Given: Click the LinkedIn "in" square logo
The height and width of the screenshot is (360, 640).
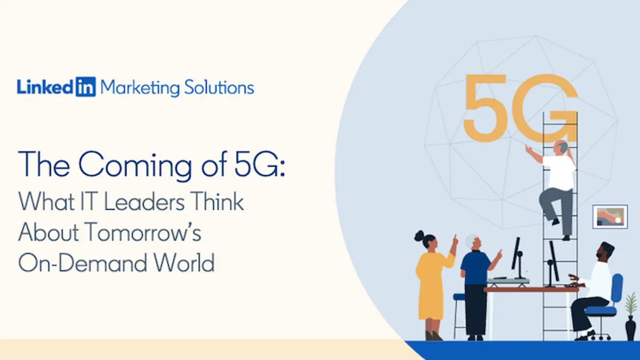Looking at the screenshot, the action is pyautogui.click(x=86, y=86).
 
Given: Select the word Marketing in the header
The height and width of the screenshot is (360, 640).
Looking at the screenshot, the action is pyautogui.click(x=140, y=87).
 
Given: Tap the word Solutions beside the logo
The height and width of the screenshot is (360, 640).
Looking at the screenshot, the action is pyautogui.click(x=219, y=87).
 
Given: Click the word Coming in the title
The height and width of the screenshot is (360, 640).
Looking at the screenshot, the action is pyautogui.click(x=135, y=166).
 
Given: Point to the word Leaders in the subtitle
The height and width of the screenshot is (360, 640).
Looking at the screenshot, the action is pyautogui.click(x=145, y=202).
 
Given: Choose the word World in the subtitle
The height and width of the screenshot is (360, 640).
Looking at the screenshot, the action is pyautogui.click(x=185, y=262).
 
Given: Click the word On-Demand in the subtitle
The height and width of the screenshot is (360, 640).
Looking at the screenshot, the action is pyautogui.click(x=83, y=262).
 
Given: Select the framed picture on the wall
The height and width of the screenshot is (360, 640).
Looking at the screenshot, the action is pyautogui.click(x=610, y=217).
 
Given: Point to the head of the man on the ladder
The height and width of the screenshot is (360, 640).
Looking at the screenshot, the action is pyautogui.click(x=561, y=147).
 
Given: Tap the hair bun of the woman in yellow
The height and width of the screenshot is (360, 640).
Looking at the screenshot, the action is pyautogui.click(x=419, y=236).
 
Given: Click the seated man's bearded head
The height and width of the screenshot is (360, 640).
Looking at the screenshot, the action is pyautogui.click(x=604, y=251).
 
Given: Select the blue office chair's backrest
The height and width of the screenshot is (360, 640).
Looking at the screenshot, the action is pyautogui.click(x=617, y=289).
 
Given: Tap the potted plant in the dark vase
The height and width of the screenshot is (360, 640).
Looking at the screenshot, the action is pyautogui.click(x=630, y=317).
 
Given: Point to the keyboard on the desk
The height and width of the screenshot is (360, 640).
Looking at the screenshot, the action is pyautogui.click(x=508, y=281).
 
